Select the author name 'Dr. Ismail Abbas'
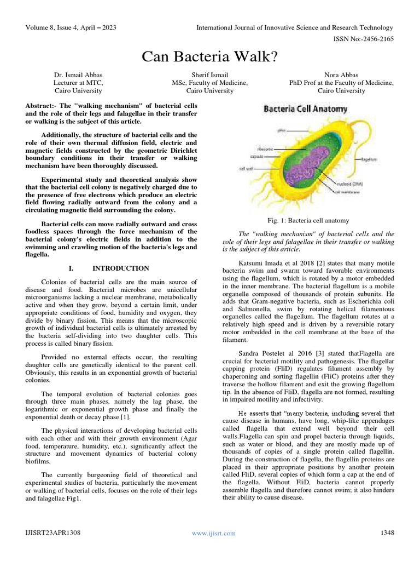(78, 75)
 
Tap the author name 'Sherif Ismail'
(209, 75)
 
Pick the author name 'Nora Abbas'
(341, 75)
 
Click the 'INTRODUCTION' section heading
(120, 268)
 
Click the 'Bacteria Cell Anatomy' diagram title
(305, 109)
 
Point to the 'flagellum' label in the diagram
(370, 158)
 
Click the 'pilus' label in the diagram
(281, 131)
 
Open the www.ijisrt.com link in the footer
(214, 533)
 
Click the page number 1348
(387, 533)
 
